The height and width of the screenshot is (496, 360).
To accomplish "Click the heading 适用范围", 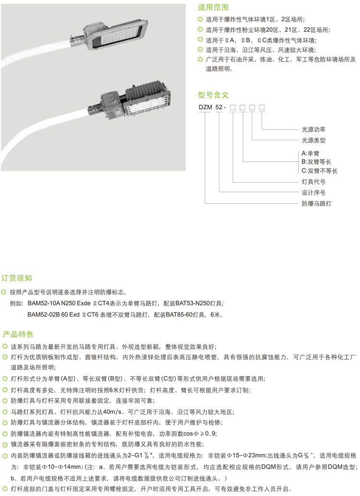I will coord(213,7).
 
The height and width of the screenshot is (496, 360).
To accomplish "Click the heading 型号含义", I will coord(213,94).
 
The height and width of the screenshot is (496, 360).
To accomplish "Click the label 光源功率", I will coord(313,130).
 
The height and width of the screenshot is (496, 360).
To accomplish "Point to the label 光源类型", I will coord(313,141).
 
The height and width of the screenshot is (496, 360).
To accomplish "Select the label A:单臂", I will coord(310,153).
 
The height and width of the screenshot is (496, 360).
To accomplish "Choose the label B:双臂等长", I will coord(320,162).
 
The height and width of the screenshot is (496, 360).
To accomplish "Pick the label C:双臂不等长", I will coord(320,171).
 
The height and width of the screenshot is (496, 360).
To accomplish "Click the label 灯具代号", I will coord(313,182).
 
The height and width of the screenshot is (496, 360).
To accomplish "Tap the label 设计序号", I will coord(313,193).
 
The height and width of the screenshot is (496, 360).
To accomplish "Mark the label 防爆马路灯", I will coord(316,204).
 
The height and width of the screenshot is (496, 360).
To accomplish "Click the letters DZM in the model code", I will coord(205,108).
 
